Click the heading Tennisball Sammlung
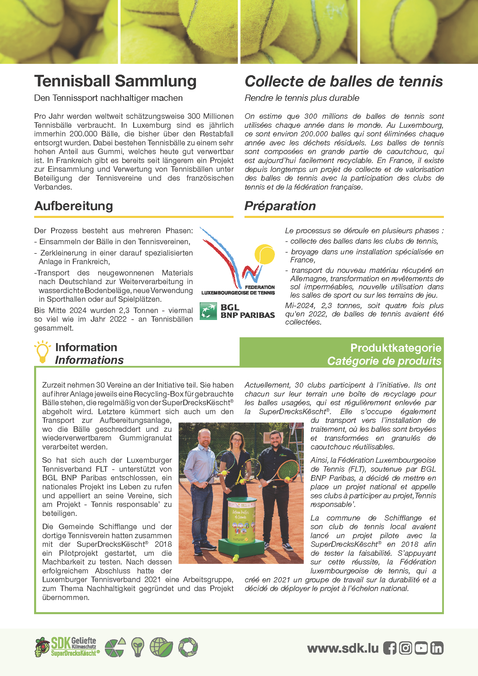(115, 81)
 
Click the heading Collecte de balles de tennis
(344, 82)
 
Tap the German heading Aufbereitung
(74, 206)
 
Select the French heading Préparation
(280, 206)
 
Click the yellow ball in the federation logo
(265, 254)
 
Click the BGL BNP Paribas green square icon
(208, 311)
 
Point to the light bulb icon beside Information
(42, 352)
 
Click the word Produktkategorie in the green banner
(396, 348)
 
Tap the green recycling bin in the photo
(242, 521)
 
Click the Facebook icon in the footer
(390, 648)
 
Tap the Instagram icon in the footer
(405, 648)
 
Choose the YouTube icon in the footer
(421, 648)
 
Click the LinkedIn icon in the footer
(437, 648)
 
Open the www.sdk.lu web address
(343, 648)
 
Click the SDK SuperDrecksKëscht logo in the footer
(67, 647)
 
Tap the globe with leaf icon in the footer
(161, 647)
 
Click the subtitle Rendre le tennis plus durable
(302, 98)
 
